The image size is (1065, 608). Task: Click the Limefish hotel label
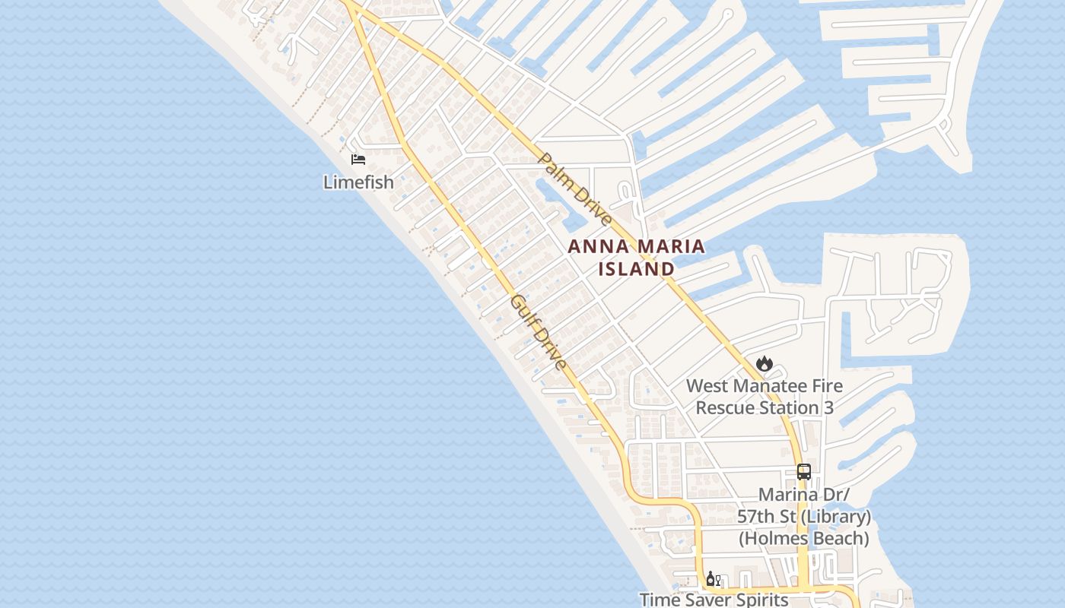click(358, 182)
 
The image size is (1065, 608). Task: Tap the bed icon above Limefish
click(358, 160)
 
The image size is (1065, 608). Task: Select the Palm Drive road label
click(574, 189)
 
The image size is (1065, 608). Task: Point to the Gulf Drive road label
click(539, 332)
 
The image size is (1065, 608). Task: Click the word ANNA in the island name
click(595, 247)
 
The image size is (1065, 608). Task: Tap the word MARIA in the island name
click(669, 247)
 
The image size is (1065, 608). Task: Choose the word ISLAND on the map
click(636, 269)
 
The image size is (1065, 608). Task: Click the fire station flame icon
click(765, 364)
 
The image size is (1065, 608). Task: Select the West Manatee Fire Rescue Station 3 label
click(765, 397)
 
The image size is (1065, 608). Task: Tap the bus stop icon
click(804, 472)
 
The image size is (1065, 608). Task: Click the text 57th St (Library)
click(804, 517)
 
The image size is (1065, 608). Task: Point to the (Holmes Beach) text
click(804, 539)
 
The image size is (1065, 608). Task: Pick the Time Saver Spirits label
click(714, 600)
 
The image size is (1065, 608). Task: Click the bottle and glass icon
click(713, 580)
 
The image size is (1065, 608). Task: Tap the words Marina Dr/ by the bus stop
click(804, 495)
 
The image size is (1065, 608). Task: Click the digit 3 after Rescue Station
click(828, 408)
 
